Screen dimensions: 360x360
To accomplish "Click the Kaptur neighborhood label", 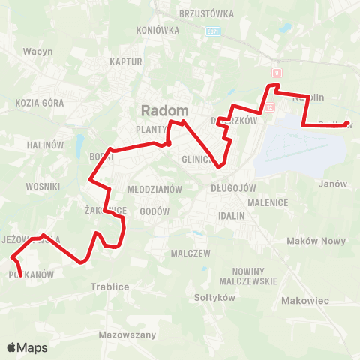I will [x=125, y=62].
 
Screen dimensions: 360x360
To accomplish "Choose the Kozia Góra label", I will [x=37, y=102].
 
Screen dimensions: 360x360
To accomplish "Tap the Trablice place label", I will [x=110, y=287].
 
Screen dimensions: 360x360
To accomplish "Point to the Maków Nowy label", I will [x=316, y=241].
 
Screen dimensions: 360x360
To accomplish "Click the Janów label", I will [x=332, y=184].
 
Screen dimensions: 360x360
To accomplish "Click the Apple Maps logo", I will [x=27, y=347].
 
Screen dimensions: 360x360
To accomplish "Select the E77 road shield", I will [x=214, y=32].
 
